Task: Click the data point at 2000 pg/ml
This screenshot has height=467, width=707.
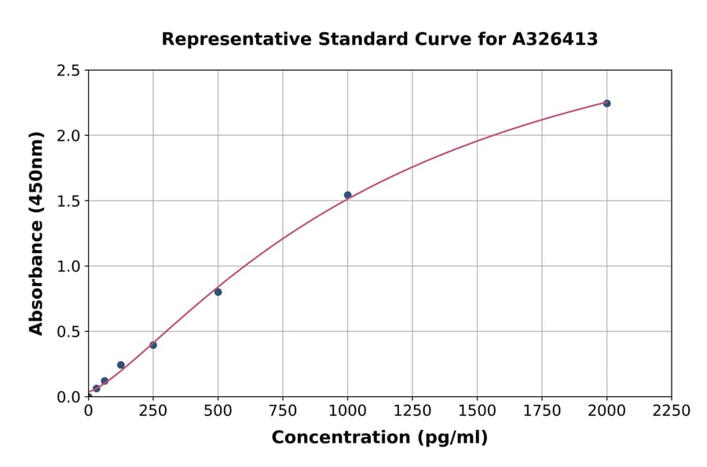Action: tap(606, 103)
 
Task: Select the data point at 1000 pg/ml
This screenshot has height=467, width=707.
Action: tap(347, 195)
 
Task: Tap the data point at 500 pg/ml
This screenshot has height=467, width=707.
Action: tap(218, 292)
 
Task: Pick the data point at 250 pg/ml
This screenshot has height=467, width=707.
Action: tap(153, 345)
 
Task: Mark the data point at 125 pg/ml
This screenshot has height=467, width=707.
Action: tap(121, 365)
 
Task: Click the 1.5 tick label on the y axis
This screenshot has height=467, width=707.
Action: tap(69, 201)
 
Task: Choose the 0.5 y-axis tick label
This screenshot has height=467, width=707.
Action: tap(69, 332)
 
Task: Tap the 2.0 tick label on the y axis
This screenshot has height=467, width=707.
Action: tap(69, 136)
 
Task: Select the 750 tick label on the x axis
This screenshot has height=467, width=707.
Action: tap(283, 410)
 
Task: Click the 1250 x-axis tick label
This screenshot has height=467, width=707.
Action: tap(412, 410)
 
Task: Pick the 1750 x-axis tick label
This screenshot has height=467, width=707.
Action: tap(542, 410)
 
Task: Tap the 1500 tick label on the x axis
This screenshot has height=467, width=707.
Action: tap(477, 410)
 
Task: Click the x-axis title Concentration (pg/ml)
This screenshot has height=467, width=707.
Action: tap(379, 438)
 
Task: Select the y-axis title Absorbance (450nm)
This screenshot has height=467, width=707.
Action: tap(36, 233)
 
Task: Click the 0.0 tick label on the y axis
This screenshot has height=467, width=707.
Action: tap(69, 397)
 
